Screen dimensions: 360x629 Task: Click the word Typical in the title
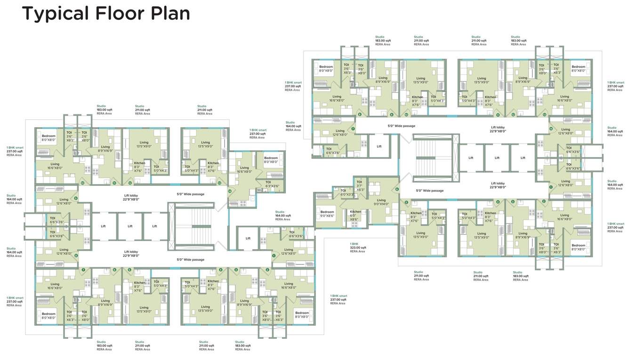click(x=56, y=13)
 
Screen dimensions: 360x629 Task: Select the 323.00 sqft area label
click(x=357, y=248)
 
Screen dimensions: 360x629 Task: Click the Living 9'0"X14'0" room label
click(x=381, y=202)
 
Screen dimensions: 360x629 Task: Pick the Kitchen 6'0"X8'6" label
click(x=355, y=215)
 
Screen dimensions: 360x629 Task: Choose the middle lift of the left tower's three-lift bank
click(x=130, y=226)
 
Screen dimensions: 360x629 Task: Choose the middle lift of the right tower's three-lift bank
click(x=497, y=158)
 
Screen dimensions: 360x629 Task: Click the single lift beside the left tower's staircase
click(x=248, y=238)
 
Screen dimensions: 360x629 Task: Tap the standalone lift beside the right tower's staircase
click(x=379, y=146)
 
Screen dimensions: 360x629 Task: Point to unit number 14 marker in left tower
click(x=230, y=191)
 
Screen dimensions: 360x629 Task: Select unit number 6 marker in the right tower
click(x=397, y=190)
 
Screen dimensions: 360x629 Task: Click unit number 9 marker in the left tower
click(x=75, y=199)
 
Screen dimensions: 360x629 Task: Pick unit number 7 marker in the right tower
click(x=353, y=129)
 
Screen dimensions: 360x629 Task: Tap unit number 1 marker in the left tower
click(x=274, y=256)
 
